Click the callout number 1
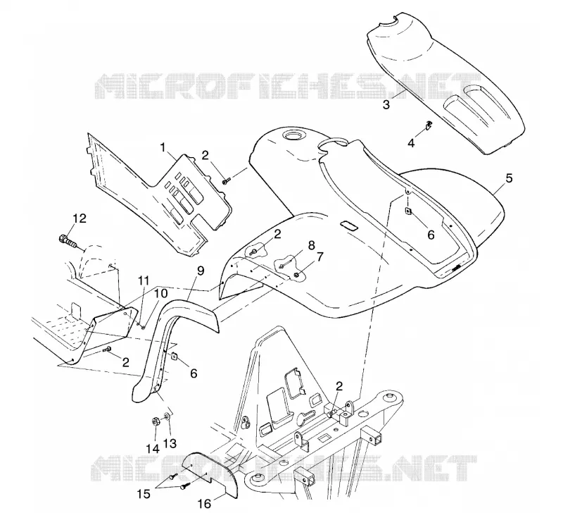(163, 147)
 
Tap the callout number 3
(386, 105)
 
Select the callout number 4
(411, 143)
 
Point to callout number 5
(509, 178)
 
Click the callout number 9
(201, 271)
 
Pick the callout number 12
(80, 218)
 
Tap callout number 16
(205, 504)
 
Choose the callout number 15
(144, 493)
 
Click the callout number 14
(152, 449)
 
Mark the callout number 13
(170, 444)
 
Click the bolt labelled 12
(67, 240)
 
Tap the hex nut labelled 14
(156, 421)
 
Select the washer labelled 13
(167, 416)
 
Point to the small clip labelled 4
(429, 125)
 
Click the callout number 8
(311, 245)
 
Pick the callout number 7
(320, 257)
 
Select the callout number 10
(161, 293)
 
